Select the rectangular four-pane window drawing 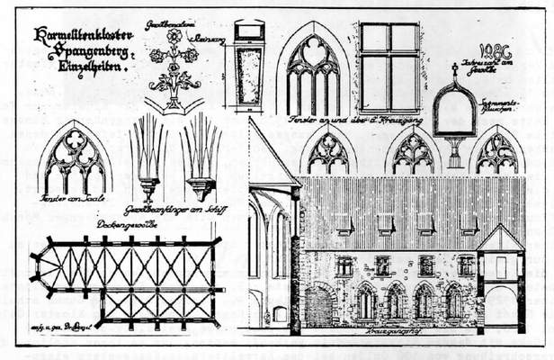point(389,55)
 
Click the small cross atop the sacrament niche point(455,67)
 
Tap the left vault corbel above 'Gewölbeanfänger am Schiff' point(148,157)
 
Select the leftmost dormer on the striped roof point(343,223)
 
